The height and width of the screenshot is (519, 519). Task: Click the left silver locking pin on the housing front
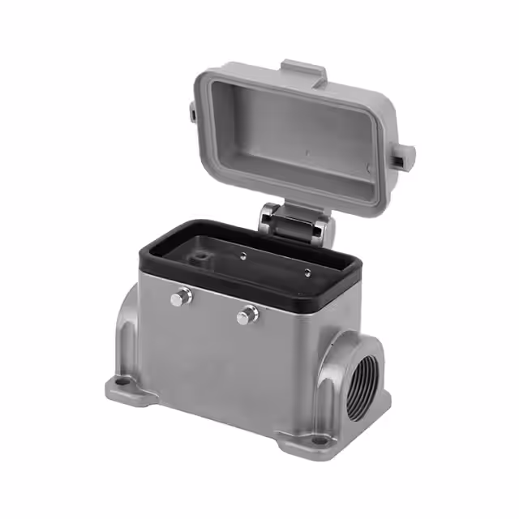[x=181, y=298]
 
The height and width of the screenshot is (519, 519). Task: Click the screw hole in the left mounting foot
[x=124, y=379]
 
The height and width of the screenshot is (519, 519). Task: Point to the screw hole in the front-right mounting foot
[x=319, y=440]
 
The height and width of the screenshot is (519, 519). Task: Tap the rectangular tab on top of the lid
[x=303, y=71]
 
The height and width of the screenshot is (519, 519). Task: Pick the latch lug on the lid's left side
[x=195, y=111]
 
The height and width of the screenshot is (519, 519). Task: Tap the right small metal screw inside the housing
[x=307, y=272]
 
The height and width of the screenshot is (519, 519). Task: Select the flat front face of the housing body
[x=227, y=357]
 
